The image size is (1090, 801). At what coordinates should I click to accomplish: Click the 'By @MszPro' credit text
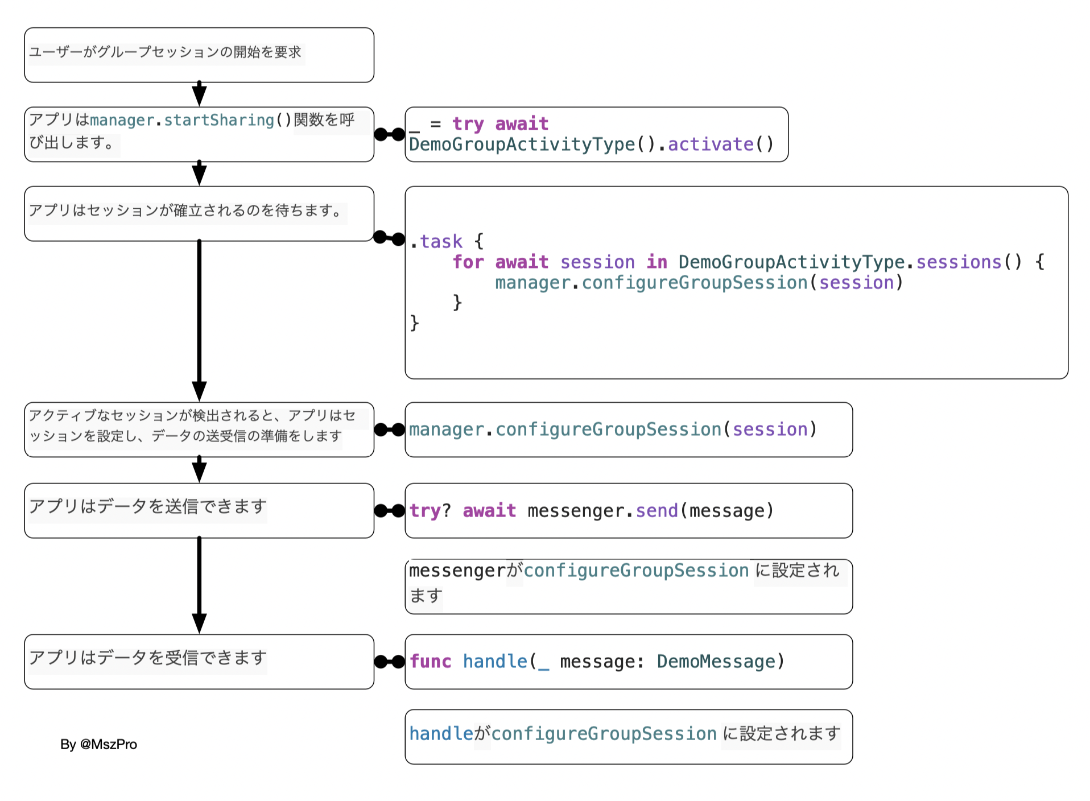pos(98,744)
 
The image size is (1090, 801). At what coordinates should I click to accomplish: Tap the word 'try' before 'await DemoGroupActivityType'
pos(468,124)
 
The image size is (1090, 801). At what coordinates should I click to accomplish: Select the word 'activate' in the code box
pos(711,144)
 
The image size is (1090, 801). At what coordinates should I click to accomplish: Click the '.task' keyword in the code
pos(436,242)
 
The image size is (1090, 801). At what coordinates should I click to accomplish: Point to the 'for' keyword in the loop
pos(468,262)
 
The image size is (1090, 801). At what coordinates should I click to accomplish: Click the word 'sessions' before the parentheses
pos(959,262)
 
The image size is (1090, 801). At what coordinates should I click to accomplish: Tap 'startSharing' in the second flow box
pos(219,121)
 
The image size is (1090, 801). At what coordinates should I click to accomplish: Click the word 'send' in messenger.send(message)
pos(657,511)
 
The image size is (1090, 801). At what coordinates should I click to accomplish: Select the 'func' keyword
pos(431,662)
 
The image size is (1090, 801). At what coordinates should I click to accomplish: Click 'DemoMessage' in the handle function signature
pos(716,662)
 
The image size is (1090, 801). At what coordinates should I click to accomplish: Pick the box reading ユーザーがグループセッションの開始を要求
pos(199,55)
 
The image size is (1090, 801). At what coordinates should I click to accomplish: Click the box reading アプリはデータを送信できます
pos(199,511)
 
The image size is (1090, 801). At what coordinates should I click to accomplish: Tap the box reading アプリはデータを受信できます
pos(199,662)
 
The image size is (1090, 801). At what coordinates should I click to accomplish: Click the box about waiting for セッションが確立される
pos(199,214)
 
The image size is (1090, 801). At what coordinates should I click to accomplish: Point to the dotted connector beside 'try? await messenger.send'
pos(390,511)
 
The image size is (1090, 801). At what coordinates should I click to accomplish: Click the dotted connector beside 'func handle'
pos(390,662)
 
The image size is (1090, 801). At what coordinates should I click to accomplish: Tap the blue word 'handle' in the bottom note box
pos(441,734)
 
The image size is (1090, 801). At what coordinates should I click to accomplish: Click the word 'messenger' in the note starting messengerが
pos(457,571)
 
